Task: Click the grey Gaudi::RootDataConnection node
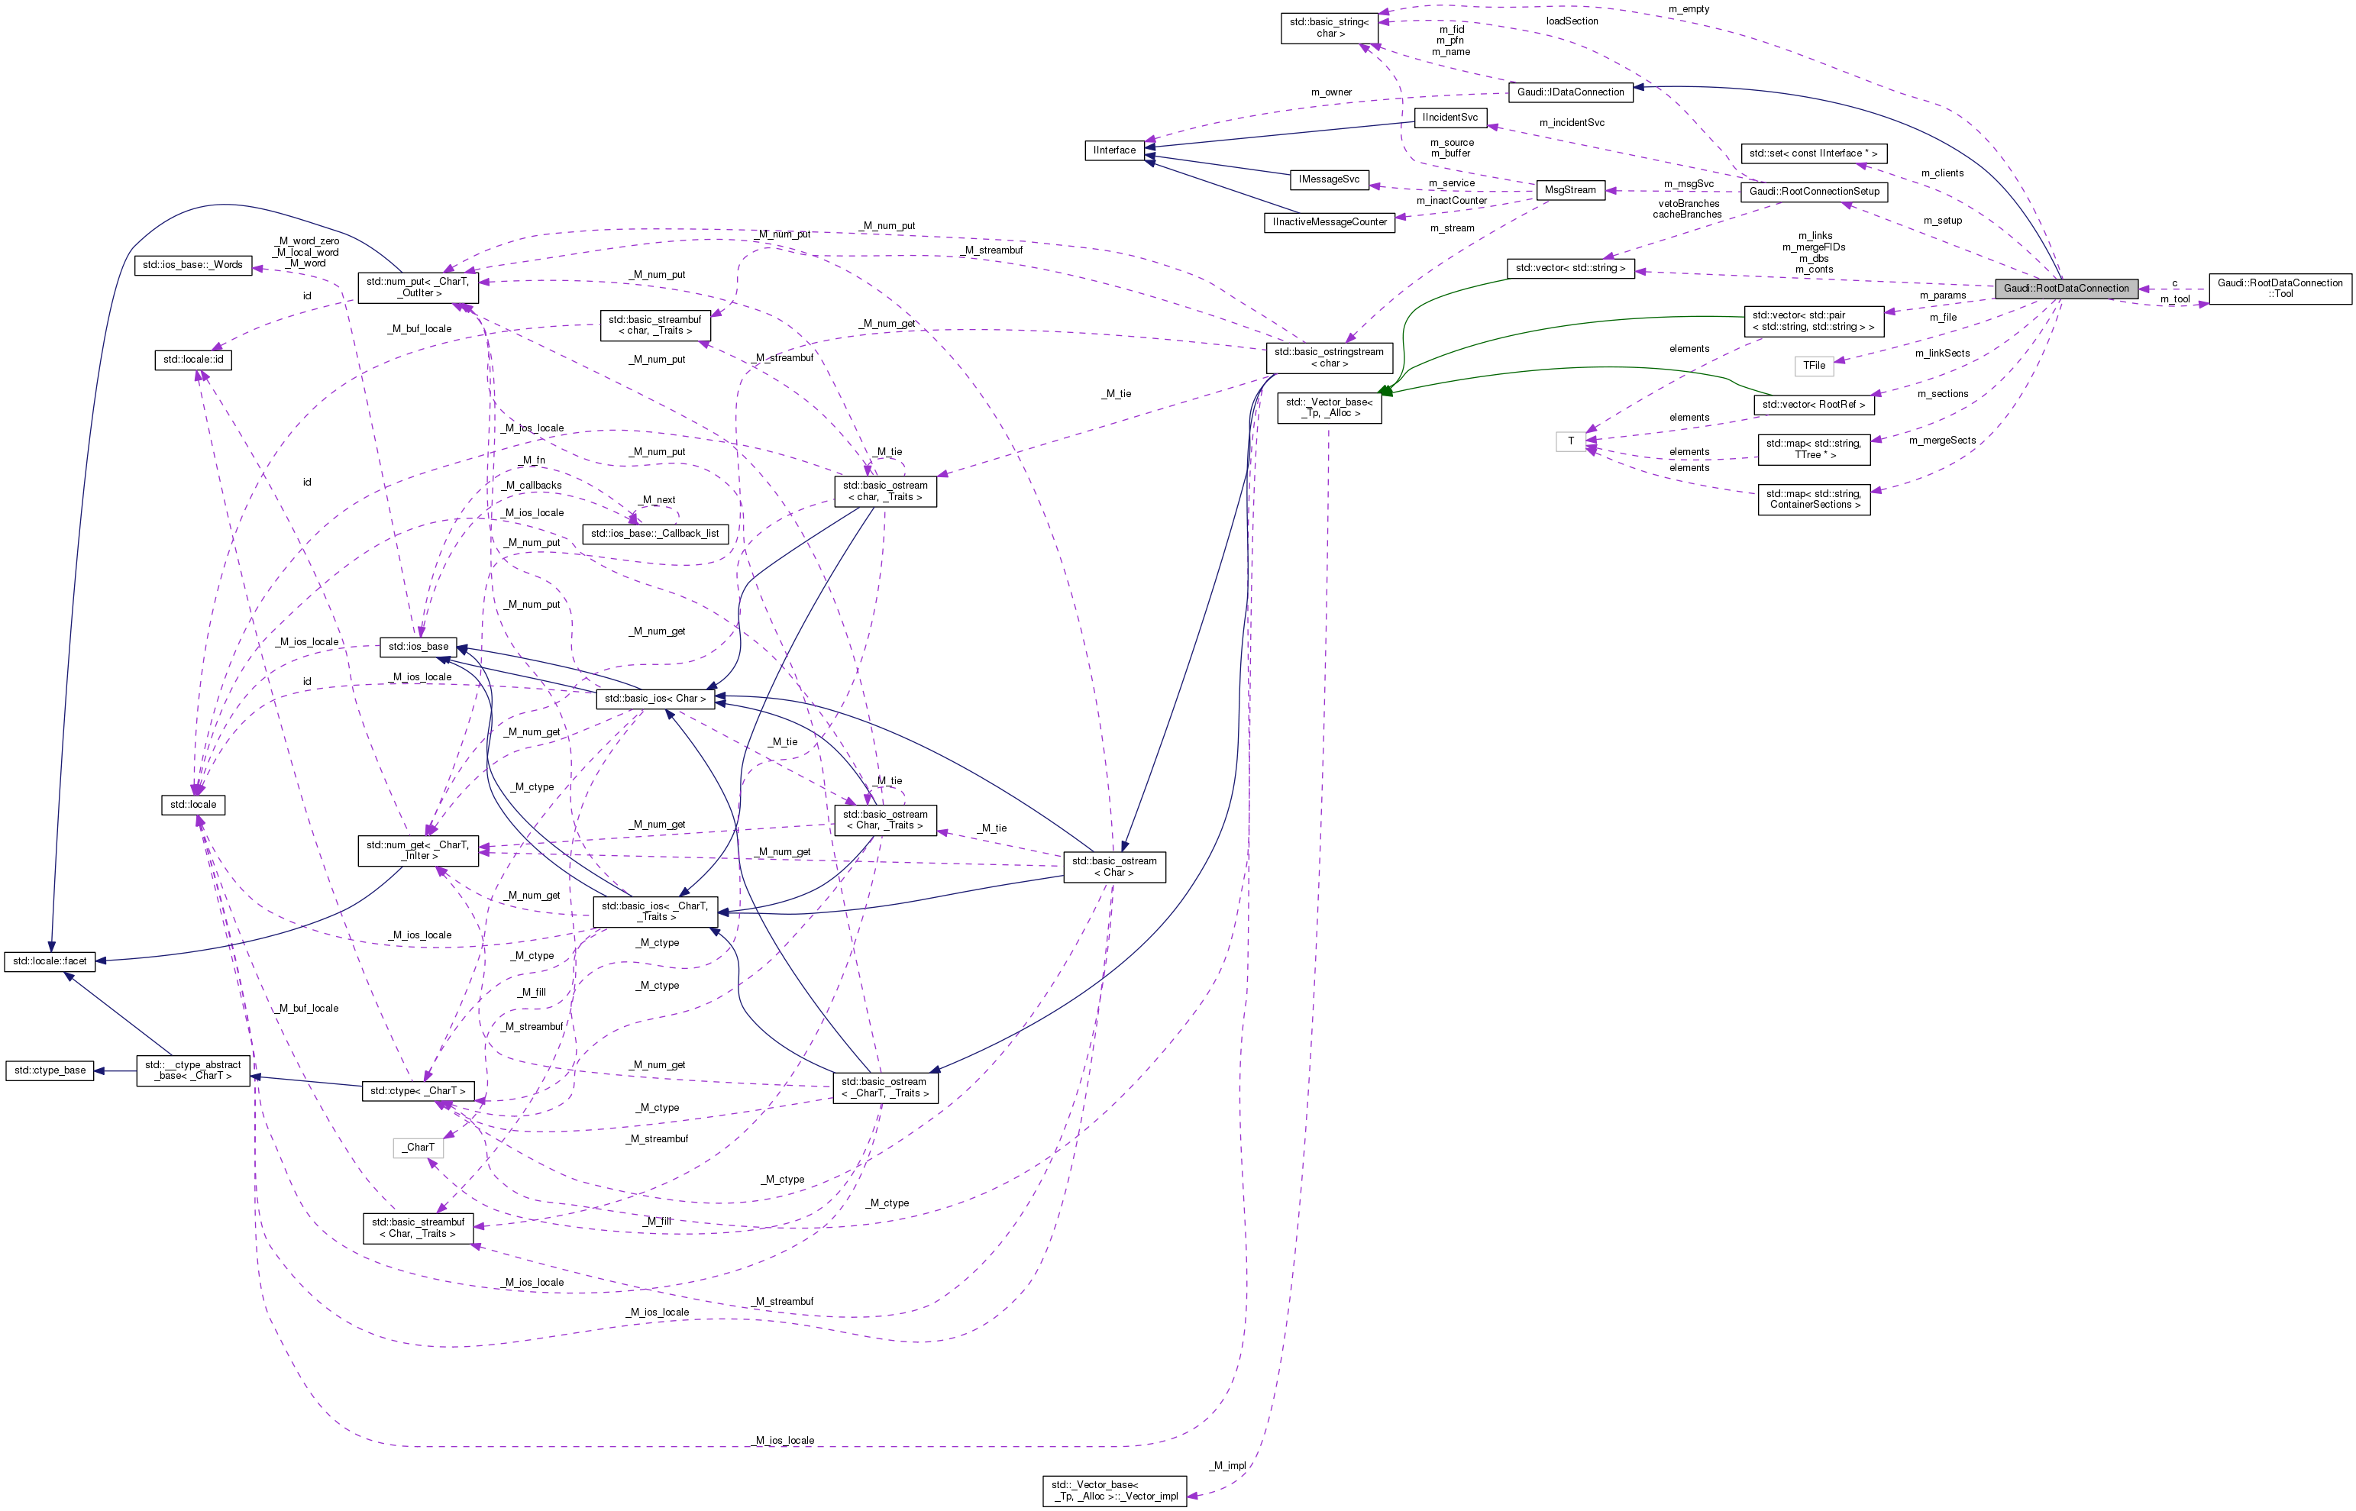pos(2066,289)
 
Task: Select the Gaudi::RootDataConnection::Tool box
pos(2280,289)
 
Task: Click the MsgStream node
pos(1569,190)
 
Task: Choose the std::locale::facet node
pos(49,961)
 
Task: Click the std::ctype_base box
pos(49,1070)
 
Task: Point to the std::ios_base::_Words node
pos(192,265)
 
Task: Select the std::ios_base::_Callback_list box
pos(654,534)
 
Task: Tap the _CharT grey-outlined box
pos(419,1147)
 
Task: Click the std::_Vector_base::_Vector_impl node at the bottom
pos(1113,1490)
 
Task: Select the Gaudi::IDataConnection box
pos(1570,92)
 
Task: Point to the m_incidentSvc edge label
pos(1571,123)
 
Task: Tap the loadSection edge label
pos(1571,21)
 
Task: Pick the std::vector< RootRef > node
pos(1812,404)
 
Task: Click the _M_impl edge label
pos(1229,1466)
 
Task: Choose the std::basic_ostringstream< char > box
pos(1329,358)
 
